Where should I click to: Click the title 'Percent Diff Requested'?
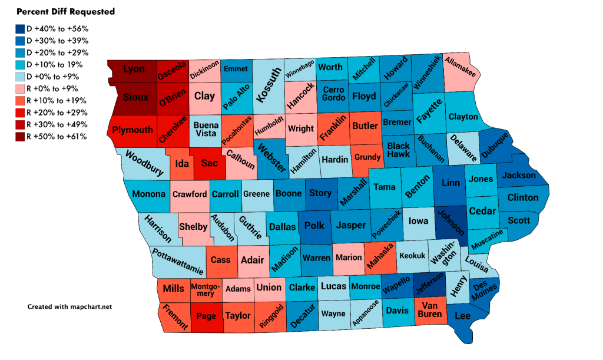(x=65, y=12)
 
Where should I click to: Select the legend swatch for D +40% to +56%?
(x=20, y=29)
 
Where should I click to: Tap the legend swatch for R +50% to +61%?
(x=20, y=137)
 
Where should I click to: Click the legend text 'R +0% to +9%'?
(x=57, y=88)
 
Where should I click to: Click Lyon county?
(x=134, y=70)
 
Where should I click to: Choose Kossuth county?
(x=268, y=88)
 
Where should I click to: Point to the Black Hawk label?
(x=399, y=150)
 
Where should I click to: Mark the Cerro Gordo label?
(x=334, y=94)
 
